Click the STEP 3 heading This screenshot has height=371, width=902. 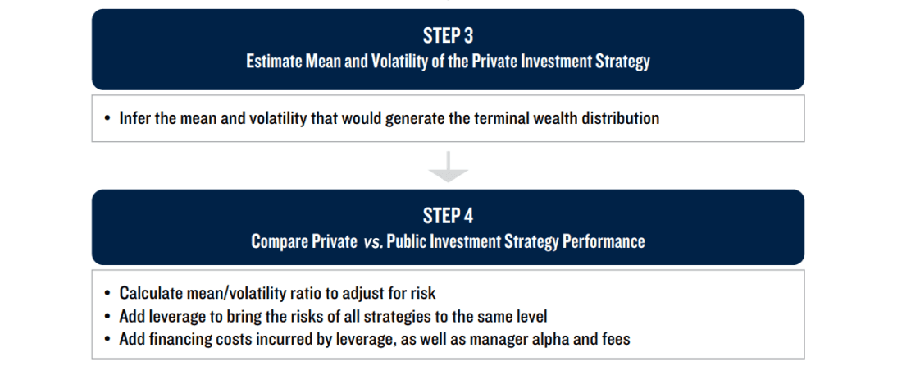448,36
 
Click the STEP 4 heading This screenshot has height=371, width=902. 448,216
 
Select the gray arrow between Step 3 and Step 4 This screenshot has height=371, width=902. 448,167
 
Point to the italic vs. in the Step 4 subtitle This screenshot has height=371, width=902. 372,242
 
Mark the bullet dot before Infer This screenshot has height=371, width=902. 107,119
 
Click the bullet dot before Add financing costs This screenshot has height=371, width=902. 107,340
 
